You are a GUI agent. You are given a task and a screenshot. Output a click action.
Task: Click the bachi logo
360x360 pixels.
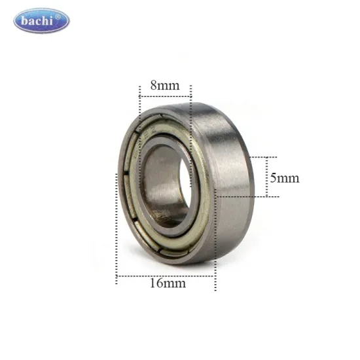tap(41, 21)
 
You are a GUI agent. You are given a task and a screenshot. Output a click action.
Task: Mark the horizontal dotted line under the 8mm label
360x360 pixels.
tap(165, 97)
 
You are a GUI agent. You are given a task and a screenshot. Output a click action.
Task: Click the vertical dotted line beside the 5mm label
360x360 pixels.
tap(266, 177)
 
